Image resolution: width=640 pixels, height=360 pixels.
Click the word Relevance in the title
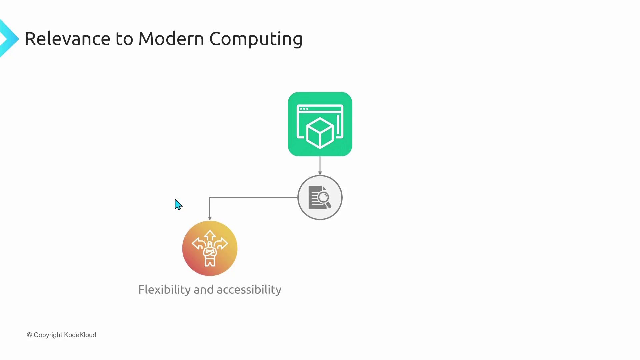tap(67, 39)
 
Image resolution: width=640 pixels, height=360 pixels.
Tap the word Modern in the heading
tap(171, 39)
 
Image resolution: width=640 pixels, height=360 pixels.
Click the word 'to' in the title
tap(124, 39)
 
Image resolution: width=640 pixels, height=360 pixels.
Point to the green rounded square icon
tap(320, 124)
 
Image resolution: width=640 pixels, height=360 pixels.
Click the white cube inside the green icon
tap(320, 133)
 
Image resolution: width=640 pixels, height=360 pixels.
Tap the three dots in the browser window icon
tap(304, 109)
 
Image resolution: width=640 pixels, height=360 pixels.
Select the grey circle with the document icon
tap(320, 197)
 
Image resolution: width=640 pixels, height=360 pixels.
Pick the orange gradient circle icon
tap(210, 248)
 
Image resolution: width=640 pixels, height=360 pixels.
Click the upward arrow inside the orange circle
tap(210, 235)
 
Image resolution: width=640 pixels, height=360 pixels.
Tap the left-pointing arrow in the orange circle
tap(198, 244)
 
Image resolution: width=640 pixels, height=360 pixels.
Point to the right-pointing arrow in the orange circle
tap(222, 244)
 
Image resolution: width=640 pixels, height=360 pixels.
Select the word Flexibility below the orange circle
tap(164, 290)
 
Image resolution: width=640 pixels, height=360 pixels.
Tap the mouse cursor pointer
tap(178, 204)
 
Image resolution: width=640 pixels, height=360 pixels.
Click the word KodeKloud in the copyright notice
tap(80, 335)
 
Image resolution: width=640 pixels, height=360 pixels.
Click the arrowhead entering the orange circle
tap(210, 218)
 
